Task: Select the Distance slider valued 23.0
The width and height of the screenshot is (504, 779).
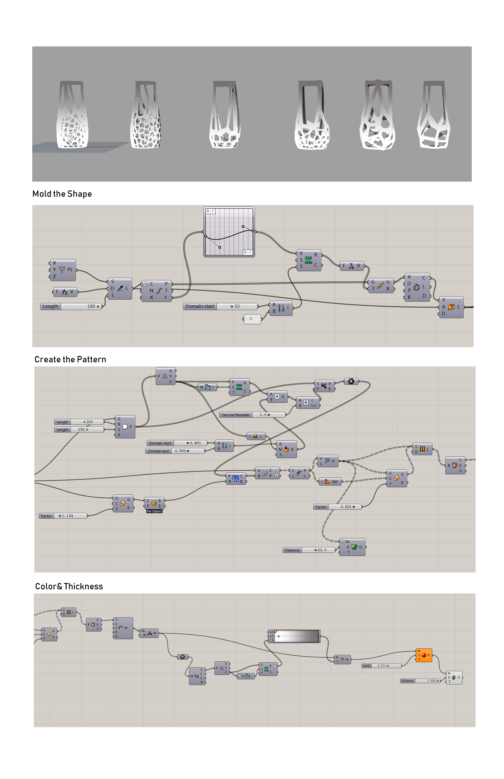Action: click(x=309, y=550)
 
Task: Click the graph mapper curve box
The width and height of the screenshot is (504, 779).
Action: click(x=229, y=232)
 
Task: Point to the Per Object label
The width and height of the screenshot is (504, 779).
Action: click(x=154, y=511)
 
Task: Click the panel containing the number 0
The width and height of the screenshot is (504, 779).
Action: click(x=252, y=319)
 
